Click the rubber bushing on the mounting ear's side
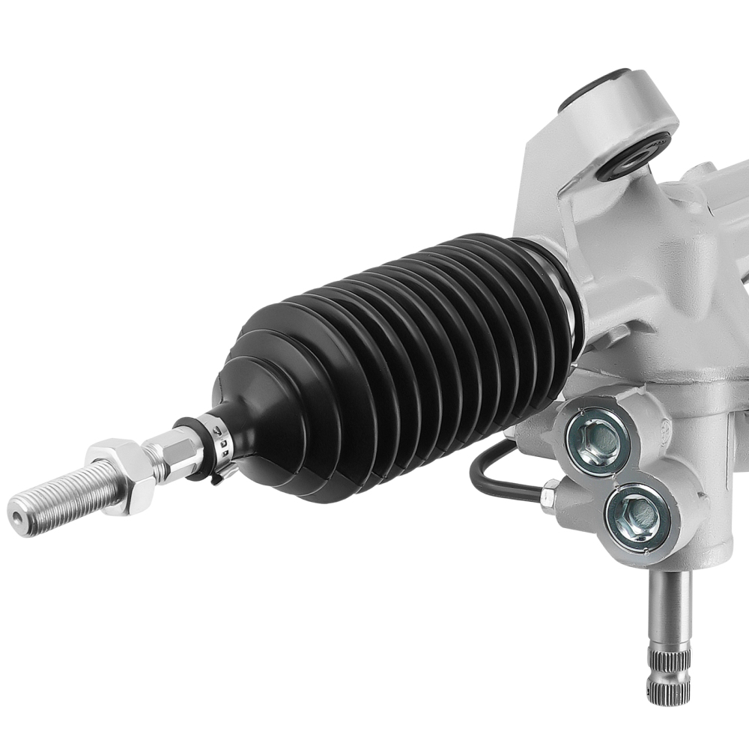point(633,157)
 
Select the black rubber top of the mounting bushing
point(592,86)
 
